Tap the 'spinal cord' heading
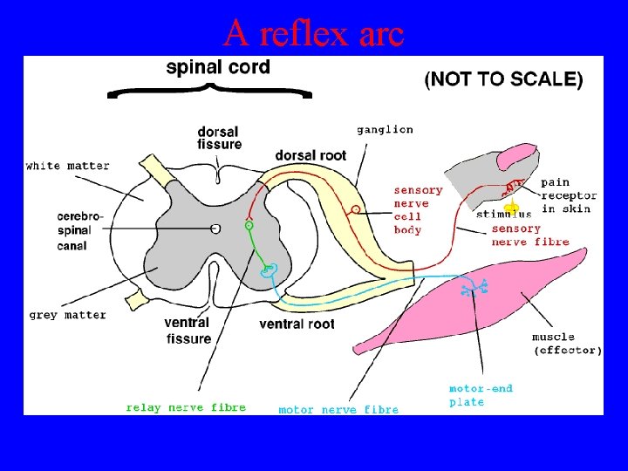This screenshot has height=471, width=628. click(x=218, y=67)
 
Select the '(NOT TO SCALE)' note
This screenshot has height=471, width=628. click(x=503, y=79)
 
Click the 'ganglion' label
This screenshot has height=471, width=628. click(x=385, y=129)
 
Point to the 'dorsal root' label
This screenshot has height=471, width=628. click(x=311, y=155)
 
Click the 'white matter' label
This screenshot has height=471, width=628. click(x=67, y=166)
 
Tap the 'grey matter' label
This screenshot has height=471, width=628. click(x=67, y=315)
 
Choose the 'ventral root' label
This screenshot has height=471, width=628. click(x=297, y=324)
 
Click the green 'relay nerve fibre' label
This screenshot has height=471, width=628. click(x=186, y=407)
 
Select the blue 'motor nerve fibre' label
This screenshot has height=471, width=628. click(x=338, y=409)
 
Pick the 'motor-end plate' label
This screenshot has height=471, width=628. click(x=481, y=395)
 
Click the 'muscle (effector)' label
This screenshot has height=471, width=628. click(x=567, y=344)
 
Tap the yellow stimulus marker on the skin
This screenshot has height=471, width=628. click(x=513, y=208)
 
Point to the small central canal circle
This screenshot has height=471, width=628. click(x=215, y=228)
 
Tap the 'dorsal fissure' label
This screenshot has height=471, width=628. click(x=220, y=138)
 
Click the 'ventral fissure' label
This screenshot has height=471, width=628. click(x=187, y=331)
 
